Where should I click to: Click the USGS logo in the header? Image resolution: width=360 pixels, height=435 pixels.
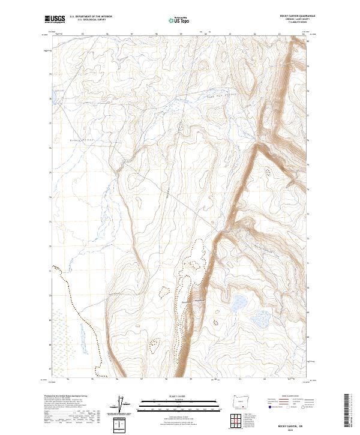55,19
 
